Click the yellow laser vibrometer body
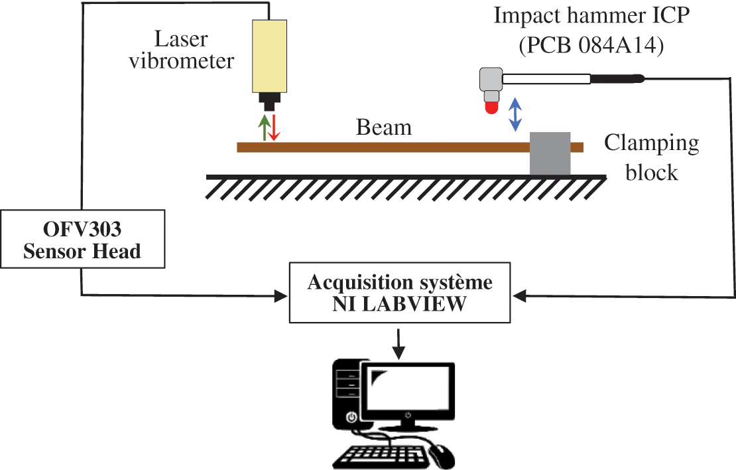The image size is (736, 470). (x=269, y=56)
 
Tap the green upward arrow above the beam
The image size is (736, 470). (x=264, y=127)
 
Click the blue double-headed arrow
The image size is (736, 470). (x=515, y=114)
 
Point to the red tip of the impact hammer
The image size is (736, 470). (x=491, y=107)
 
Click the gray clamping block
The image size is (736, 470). (x=550, y=153)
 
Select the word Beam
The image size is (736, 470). (x=384, y=127)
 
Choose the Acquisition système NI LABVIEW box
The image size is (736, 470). (x=400, y=293)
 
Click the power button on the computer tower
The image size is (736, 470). (x=352, y=417)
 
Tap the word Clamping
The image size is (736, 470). (x=651, y=143)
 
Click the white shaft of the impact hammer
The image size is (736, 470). (x=546, y=79)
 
